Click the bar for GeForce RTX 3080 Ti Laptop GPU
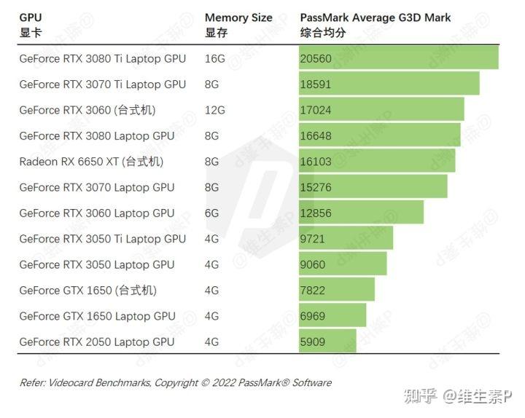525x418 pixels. coord(398,58)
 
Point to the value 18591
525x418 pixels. coord(315,84)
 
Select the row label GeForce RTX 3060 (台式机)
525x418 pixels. coord(87,110)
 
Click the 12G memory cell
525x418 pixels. coord(215,110)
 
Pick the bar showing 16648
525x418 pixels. coord(379,135)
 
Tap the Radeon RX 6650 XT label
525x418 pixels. coord(91,162)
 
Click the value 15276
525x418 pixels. coord(315,187)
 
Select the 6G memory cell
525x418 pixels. coord(212,213)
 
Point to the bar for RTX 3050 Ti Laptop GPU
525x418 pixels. coord(346,238)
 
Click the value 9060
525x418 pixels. coord(312,264)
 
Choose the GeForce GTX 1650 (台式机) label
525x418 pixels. coord(87,290)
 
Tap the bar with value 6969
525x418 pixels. coord(332,315)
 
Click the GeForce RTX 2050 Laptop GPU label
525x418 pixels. coord(97,342)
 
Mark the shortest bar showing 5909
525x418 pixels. coord(327,342)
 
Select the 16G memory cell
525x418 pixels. coord(215,58)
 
